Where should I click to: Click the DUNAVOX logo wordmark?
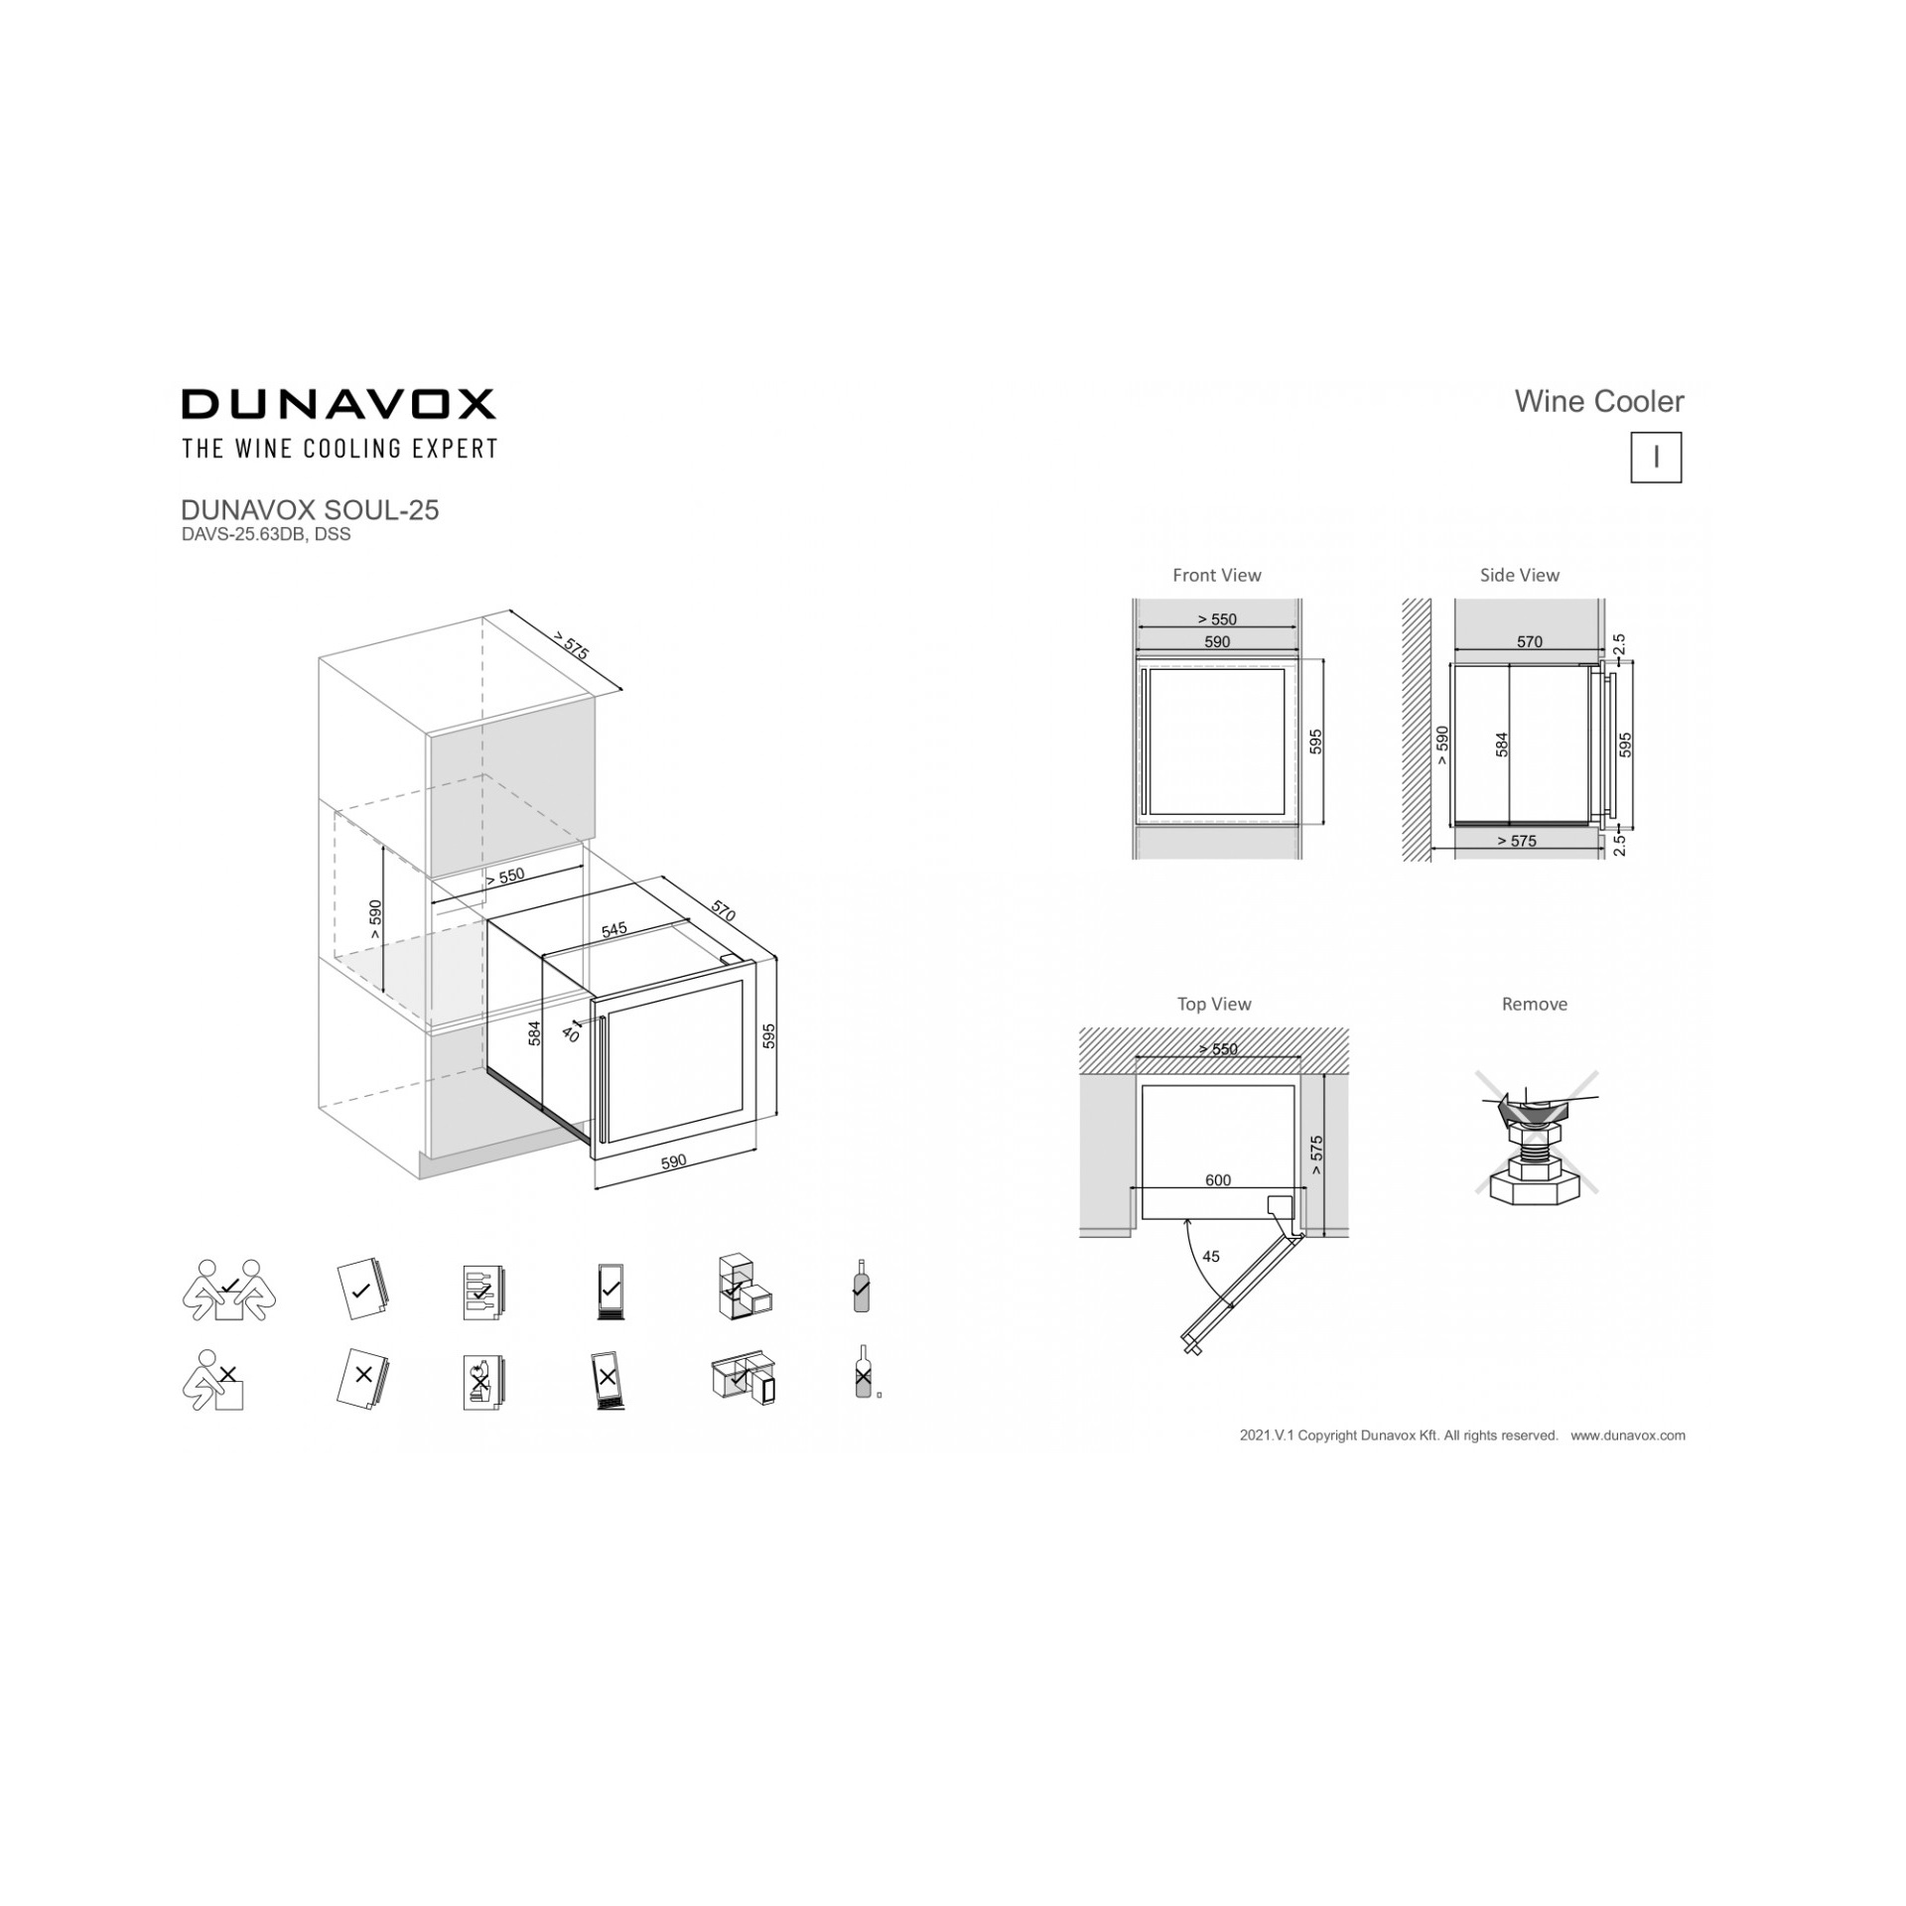338,404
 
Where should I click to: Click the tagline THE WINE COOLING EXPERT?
340,449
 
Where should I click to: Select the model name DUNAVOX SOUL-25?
310,510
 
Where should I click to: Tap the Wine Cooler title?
1599,402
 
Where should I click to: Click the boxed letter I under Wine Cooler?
1656,458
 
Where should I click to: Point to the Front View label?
1217,576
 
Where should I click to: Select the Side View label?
1520,576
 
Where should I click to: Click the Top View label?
1214,1005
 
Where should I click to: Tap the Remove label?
1535,1005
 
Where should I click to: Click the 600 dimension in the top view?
1218,1180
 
